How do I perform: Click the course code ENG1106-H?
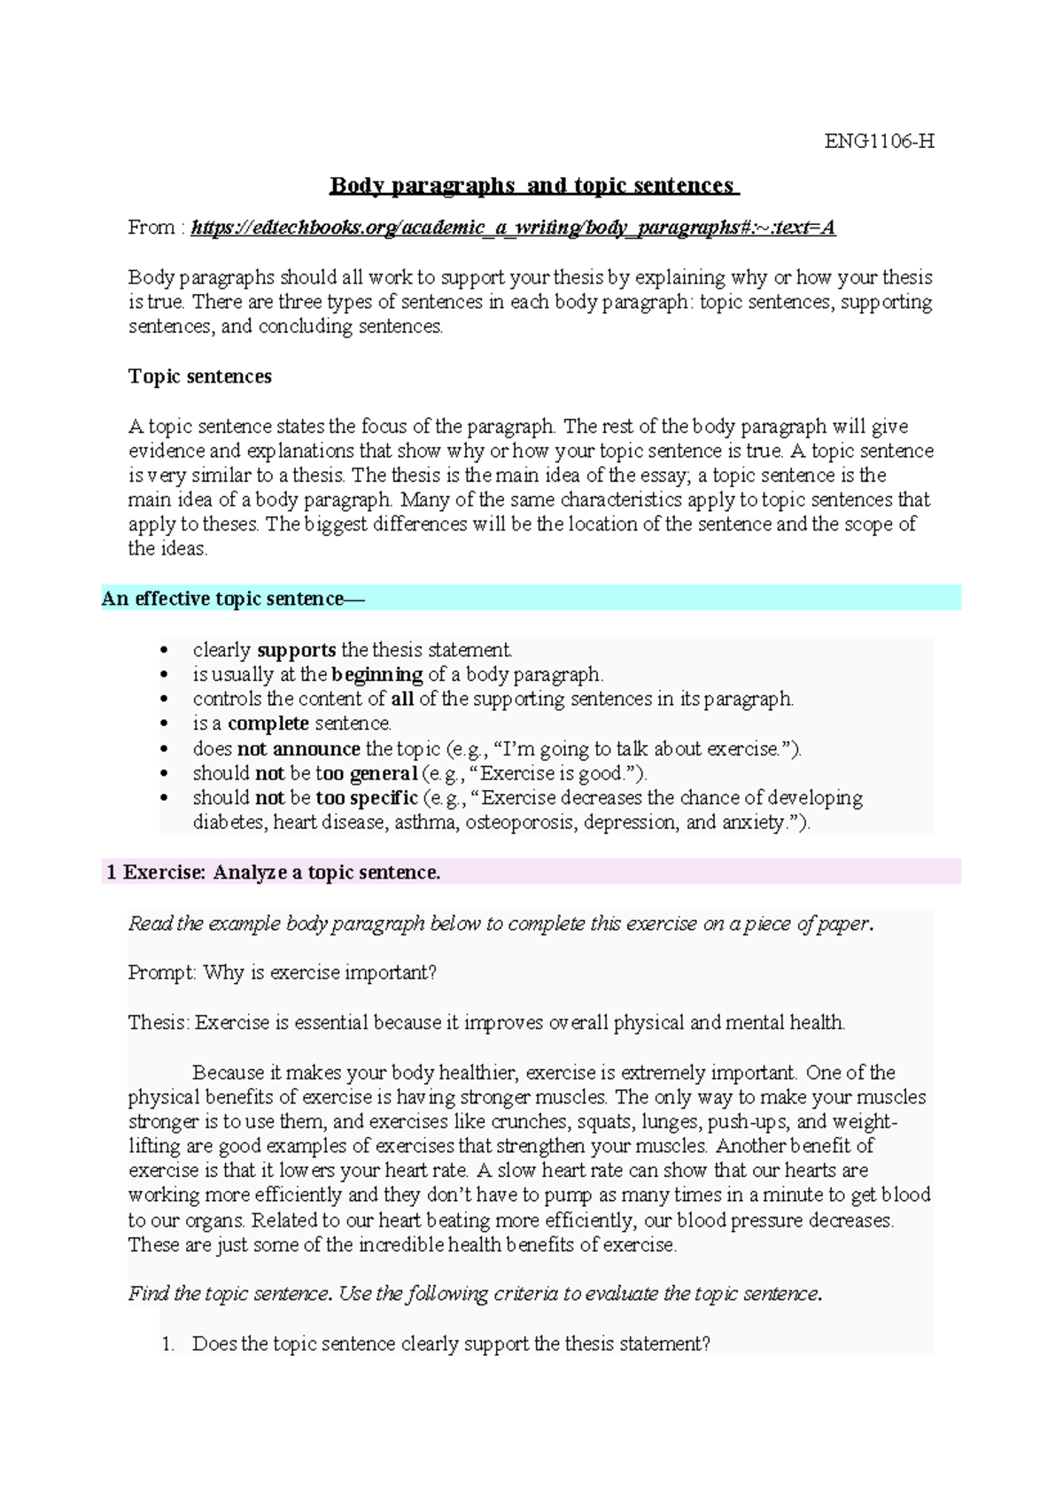click(x=879, y=142)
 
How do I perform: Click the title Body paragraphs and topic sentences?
click(x=533, y=186)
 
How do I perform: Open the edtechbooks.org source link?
click(x=513, y=228)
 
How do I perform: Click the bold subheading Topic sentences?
click(x=199, y=376)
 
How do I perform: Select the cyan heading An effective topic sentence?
click(x=232, y=599)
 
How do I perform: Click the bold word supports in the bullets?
click(x=296, y=650)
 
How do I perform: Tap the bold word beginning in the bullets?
click(x=376, y=675)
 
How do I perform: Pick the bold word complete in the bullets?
click(x=268, y=724)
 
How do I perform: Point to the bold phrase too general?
click(x=366, y=773)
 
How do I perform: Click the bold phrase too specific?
click(x=366, y=798)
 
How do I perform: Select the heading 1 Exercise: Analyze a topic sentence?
click(x=273, y=872)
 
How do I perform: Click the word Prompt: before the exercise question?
click(x=162, y=972)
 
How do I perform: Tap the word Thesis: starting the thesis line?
click(x=159, y=1023)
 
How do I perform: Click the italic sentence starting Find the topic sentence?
click(x=475, y=1294)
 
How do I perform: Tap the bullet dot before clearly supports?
click(x=163, y=651)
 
